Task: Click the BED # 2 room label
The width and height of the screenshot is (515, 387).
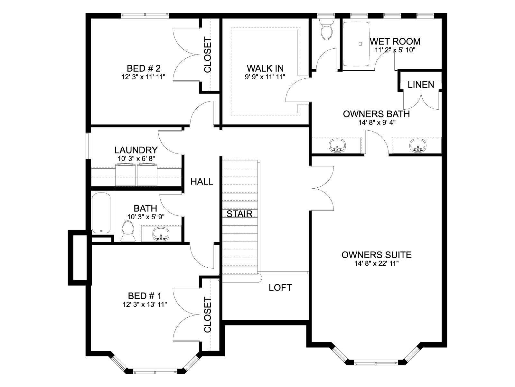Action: [x=144, y=68]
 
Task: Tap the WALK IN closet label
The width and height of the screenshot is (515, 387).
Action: [x=265, y=68]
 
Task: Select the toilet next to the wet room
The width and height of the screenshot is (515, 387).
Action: [x=326, y=29]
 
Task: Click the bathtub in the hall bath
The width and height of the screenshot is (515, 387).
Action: [x=101, y=213]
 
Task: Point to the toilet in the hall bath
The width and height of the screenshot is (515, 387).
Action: [x=128, y=231]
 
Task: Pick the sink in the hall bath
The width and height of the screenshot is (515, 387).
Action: [x=161, y=234]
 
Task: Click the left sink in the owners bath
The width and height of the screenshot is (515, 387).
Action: [x=337, y=145]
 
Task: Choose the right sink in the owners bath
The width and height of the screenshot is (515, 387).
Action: [x=417, y=145]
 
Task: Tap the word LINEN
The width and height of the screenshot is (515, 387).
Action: [x=421, y=85]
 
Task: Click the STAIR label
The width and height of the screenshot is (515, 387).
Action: [x=239, y=214]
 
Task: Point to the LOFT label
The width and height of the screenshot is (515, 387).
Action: [x=280, y=288]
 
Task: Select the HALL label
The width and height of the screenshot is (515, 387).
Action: [x=202, y=181]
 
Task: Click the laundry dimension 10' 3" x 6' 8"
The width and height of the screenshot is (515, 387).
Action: [x=136, y=159]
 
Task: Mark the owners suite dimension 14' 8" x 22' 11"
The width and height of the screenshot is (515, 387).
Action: [x=377, y=263]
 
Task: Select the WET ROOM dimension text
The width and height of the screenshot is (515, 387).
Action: [x=395, y=50]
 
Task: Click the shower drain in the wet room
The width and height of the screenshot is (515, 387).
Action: [x=360, y=44]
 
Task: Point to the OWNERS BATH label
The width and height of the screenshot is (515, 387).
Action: [x=376, y=114]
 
